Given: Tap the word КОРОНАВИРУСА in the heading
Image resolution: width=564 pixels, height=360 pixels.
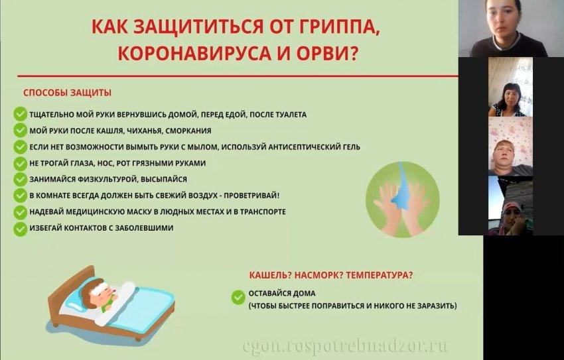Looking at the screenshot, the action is point(194,54).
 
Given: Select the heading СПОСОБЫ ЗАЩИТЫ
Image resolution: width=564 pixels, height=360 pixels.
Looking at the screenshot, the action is point(67,93).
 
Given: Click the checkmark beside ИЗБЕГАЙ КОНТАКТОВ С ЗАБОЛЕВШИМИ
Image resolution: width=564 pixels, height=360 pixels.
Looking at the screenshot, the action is point(21,229).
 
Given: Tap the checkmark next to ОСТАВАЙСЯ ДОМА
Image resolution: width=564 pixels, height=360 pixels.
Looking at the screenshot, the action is point(238,297).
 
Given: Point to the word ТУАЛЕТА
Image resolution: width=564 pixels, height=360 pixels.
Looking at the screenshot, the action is point(291,115).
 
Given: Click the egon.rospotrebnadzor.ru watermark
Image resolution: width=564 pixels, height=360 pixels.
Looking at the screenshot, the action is point(345,346).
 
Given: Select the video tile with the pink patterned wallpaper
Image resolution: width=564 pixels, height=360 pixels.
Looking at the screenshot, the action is point(510,147).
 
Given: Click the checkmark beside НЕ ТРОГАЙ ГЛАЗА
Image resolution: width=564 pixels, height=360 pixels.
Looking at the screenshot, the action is point(21,164).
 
